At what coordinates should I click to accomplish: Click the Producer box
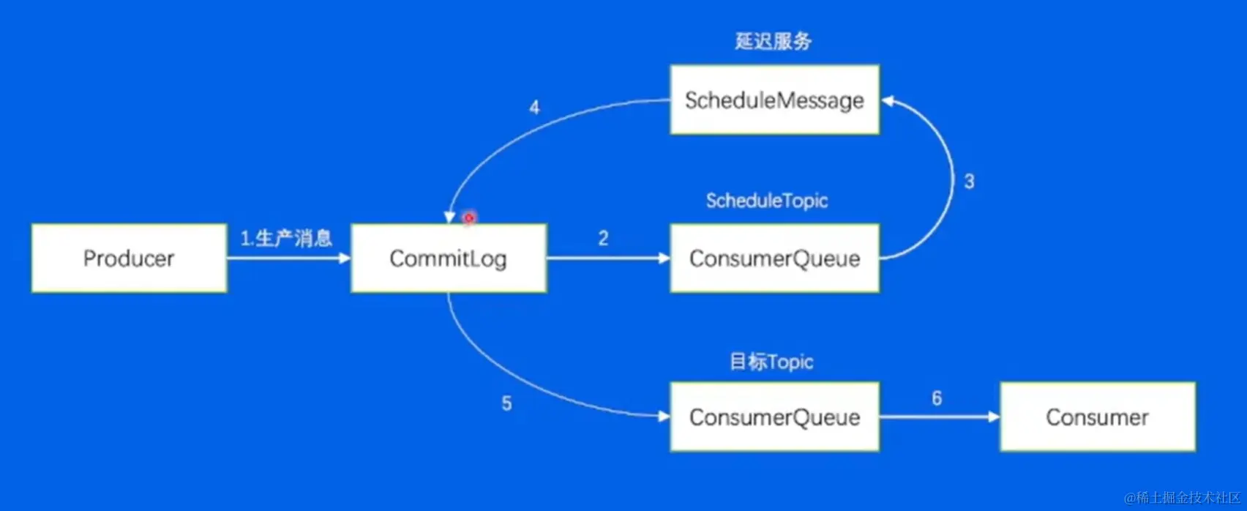(129, 258)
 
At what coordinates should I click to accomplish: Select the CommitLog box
(449, 258)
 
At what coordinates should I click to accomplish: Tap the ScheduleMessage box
(774, 100)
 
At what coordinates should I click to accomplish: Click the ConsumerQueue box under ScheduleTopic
(774, 258)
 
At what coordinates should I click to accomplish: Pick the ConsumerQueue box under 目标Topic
(774, 417)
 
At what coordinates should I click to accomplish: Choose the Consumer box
(1097, 417)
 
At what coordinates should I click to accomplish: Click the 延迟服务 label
(774, 41)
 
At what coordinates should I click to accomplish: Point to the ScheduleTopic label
(767, 201)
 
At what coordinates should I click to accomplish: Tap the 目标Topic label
(771, 362)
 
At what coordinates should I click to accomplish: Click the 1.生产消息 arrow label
(286, 238)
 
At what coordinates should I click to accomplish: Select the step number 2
(603, 238)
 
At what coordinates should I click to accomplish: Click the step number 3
(969, 182)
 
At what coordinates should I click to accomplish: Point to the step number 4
(534, 108)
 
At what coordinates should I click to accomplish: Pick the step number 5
(506, 403)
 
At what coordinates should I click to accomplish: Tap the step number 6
(937, 398)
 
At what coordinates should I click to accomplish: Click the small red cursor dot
(469, 217)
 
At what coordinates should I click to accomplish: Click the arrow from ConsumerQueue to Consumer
(939, 417)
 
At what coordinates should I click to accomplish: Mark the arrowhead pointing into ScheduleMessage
(888, 101)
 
